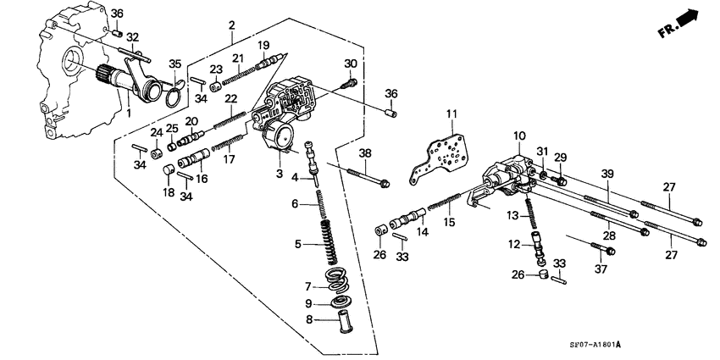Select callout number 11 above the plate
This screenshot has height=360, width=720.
451,114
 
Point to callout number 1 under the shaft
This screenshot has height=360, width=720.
129,112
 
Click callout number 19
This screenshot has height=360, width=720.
263,45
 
